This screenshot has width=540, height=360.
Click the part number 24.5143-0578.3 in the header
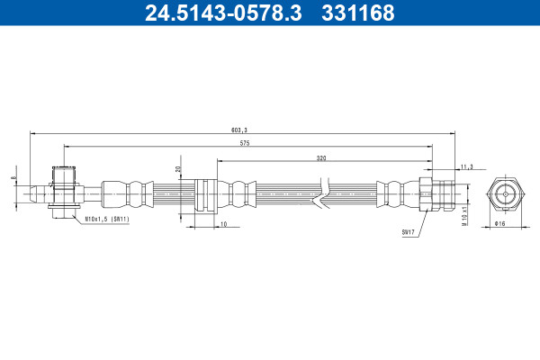point(223,13)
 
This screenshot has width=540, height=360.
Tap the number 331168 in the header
point(358,13)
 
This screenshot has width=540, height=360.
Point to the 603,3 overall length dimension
point(239,130)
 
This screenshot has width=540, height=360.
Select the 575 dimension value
point(245,143)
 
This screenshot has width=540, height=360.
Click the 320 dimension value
point(321,158)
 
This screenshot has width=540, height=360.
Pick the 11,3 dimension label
point(466,166)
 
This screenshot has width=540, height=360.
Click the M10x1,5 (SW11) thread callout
point(107,219)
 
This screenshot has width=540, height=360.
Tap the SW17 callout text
point(408,232)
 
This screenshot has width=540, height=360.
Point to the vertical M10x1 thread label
point(464,216)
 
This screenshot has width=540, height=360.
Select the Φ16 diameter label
point(499,223)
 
